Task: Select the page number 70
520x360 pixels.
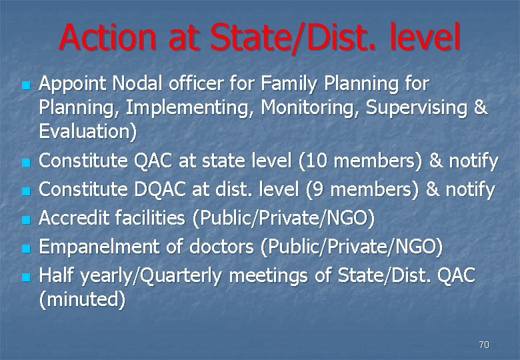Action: [x=484, y=345]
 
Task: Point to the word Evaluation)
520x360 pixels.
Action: [x=88, y=132]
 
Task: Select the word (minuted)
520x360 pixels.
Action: [x=82, y=300]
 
